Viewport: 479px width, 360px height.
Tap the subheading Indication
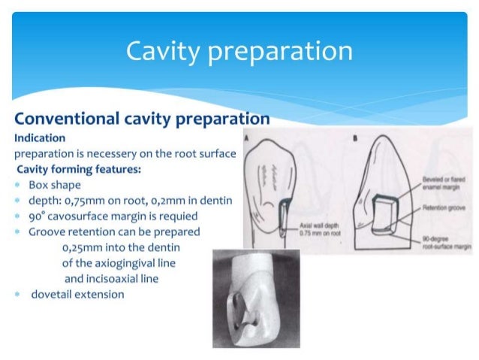(39, 138)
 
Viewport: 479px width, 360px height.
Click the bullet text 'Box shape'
(56, 184)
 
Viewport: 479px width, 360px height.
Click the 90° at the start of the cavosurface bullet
(38, 216)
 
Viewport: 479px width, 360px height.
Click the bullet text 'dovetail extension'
(77, 294)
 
